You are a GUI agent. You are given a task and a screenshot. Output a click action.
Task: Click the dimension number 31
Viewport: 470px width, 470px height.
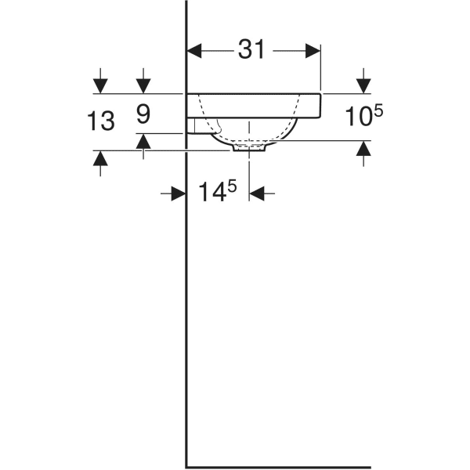coord(251,50)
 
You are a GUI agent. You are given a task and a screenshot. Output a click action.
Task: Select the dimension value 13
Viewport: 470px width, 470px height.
coord(101,121)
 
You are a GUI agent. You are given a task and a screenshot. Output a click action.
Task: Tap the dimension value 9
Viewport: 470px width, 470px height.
coord(143,115)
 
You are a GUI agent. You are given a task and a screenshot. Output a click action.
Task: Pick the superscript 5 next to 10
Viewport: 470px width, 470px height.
coord(378,111)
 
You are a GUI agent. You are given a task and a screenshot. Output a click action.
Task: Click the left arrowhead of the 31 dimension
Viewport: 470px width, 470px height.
coord(194,51)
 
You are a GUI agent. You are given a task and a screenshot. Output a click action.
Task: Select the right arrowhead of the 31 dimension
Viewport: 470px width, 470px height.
coord(313,51)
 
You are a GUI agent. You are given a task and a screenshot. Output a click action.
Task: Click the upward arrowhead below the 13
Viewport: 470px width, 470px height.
coord(100,158)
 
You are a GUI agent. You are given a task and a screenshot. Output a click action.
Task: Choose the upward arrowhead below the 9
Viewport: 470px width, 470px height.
coord(143,141)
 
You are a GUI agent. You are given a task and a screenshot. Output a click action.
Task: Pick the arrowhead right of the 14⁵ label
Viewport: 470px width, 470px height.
coord(257,193)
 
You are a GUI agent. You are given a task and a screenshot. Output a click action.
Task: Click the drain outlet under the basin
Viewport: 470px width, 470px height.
coord(250,146)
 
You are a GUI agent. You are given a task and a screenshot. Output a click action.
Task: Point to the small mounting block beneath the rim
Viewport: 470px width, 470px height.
coord(191,125)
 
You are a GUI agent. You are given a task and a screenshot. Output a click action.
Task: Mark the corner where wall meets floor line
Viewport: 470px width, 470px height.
coord(186,466)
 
